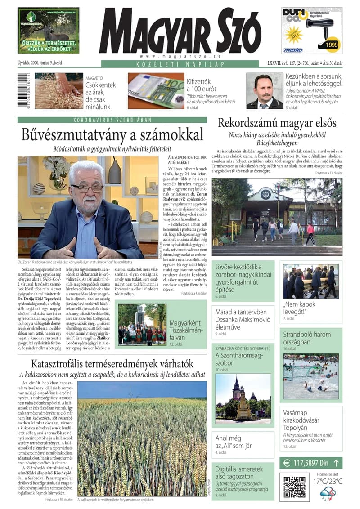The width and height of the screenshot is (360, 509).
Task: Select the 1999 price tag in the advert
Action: coord(332,45)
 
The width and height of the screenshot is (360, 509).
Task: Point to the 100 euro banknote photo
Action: coord(156,90)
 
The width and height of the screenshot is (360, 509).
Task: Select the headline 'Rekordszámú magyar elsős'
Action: coord(277,123)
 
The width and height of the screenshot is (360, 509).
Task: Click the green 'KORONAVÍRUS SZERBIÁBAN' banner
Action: coord(112,120)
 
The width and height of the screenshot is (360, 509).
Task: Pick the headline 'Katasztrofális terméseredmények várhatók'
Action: coord(112,363)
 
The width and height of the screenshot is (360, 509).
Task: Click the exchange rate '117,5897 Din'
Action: coord(311,463)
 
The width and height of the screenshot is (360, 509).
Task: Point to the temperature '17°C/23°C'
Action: coord(328,482)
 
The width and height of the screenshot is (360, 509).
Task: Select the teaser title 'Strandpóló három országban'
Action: coord(307,338)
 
